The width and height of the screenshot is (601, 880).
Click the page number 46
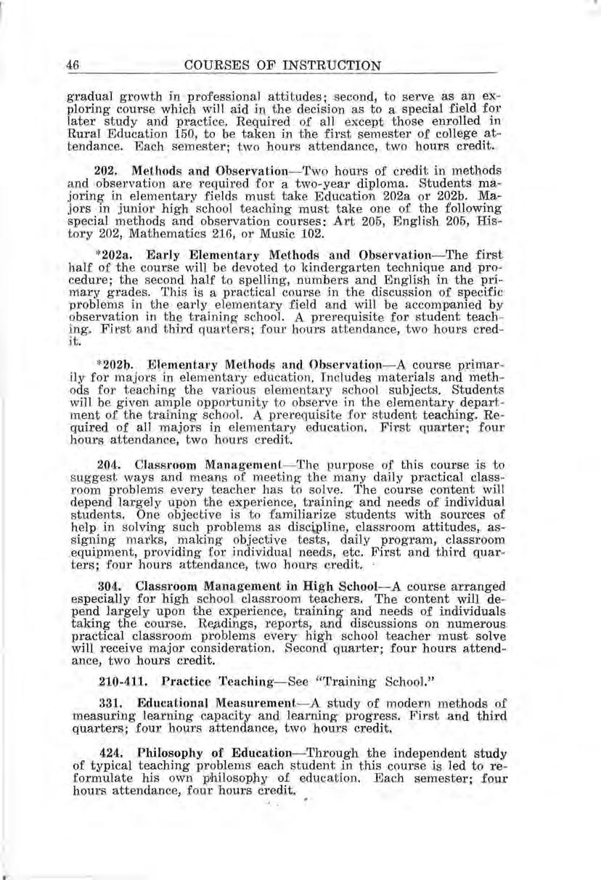pyautogui.click(x=72, y=65)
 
